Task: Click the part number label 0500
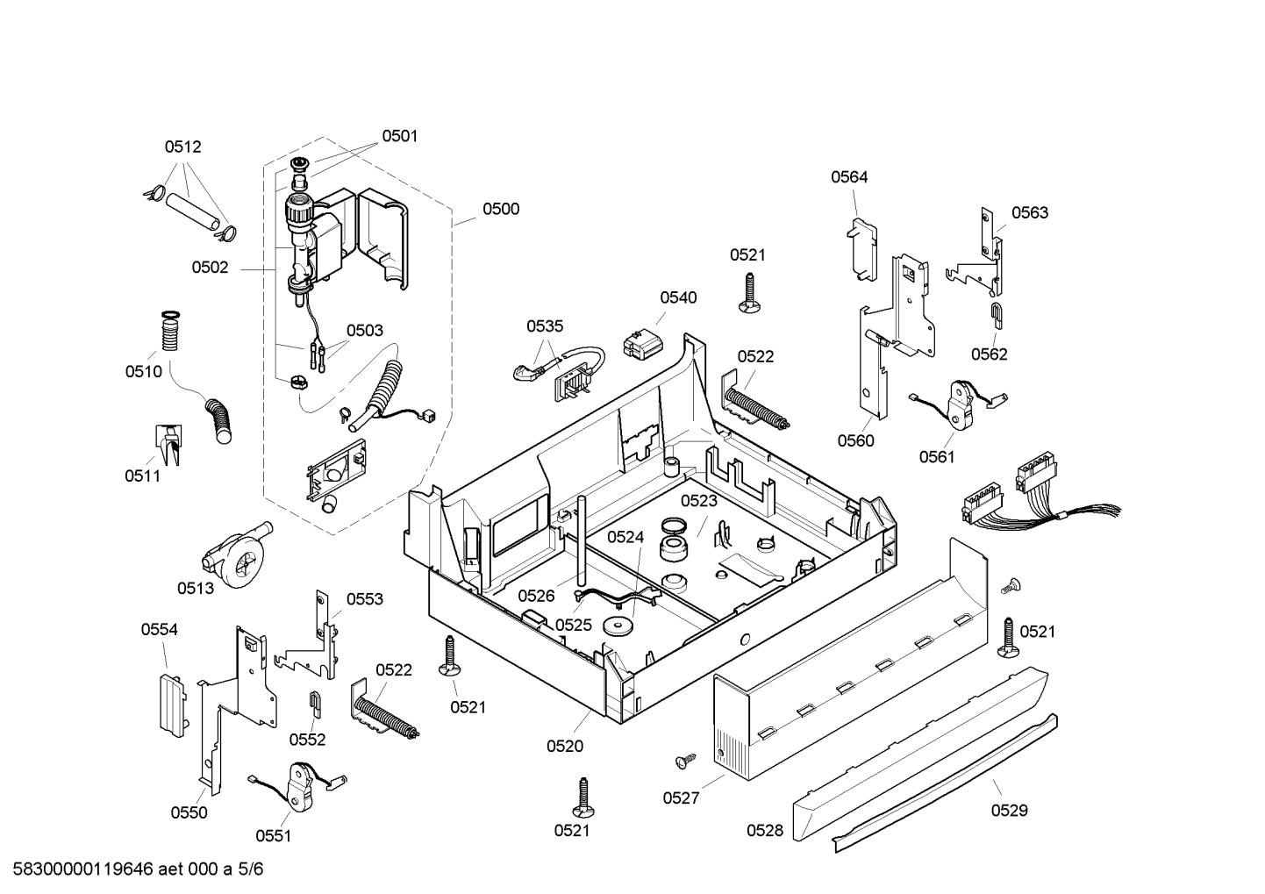pos(500,209)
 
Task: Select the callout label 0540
pos(678,297)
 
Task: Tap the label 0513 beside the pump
pos(196,589)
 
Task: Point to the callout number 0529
pos(1009,811)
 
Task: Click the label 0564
pos(849,177)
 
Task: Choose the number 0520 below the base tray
pos(565,746)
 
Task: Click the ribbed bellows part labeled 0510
pos(170,331)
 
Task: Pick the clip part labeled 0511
pos(168,445)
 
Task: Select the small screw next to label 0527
pos(686,761)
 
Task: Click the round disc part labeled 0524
pos(618,626)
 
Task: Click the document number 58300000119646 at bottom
pos(83,869)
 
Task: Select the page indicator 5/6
pos(251,869)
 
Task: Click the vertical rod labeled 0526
pos(581,541)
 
